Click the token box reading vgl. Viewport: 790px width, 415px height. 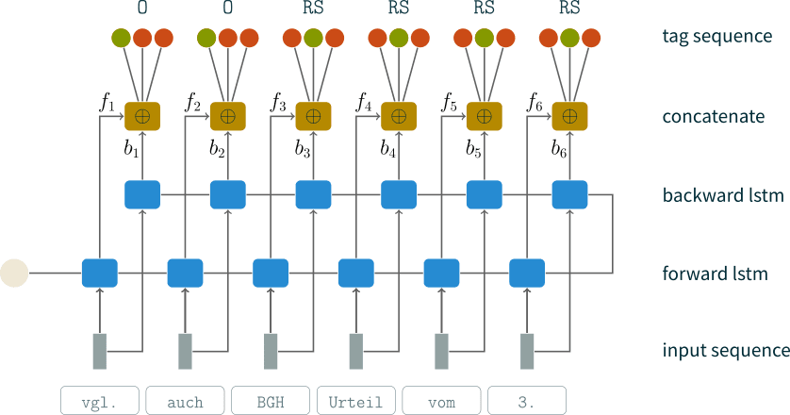click(99, 401)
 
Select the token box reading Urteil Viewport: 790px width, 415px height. click(356, 401)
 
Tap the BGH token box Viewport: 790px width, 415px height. click(271, 401)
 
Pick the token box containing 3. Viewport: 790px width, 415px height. click(528, 401)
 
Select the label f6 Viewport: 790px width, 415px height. click(535, 102)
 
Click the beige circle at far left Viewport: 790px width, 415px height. click(13, 274)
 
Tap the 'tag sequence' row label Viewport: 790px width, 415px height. click(717, 37)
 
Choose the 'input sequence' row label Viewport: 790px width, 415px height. click(724, 351)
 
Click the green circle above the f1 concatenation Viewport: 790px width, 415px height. click(121, 39)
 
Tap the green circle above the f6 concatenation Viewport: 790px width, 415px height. click(569, 39)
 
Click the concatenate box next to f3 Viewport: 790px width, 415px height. click(314, 116)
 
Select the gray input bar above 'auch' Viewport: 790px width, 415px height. click(186, 351)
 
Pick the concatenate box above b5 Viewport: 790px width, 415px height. click(485, 116)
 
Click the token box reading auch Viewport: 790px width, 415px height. click(185, 401)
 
